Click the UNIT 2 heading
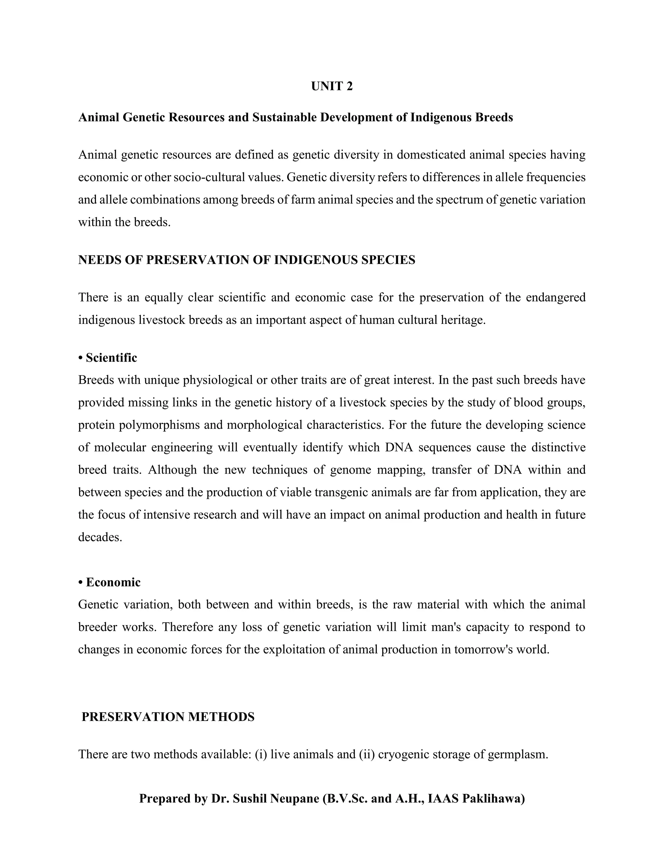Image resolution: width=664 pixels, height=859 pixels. [x=332, y=86]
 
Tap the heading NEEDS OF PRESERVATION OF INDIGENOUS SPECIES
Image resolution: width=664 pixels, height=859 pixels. [x=247, y=260]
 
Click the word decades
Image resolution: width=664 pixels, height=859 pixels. [x=100, y=537]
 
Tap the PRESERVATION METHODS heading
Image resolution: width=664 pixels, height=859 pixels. [x=168, y=717]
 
